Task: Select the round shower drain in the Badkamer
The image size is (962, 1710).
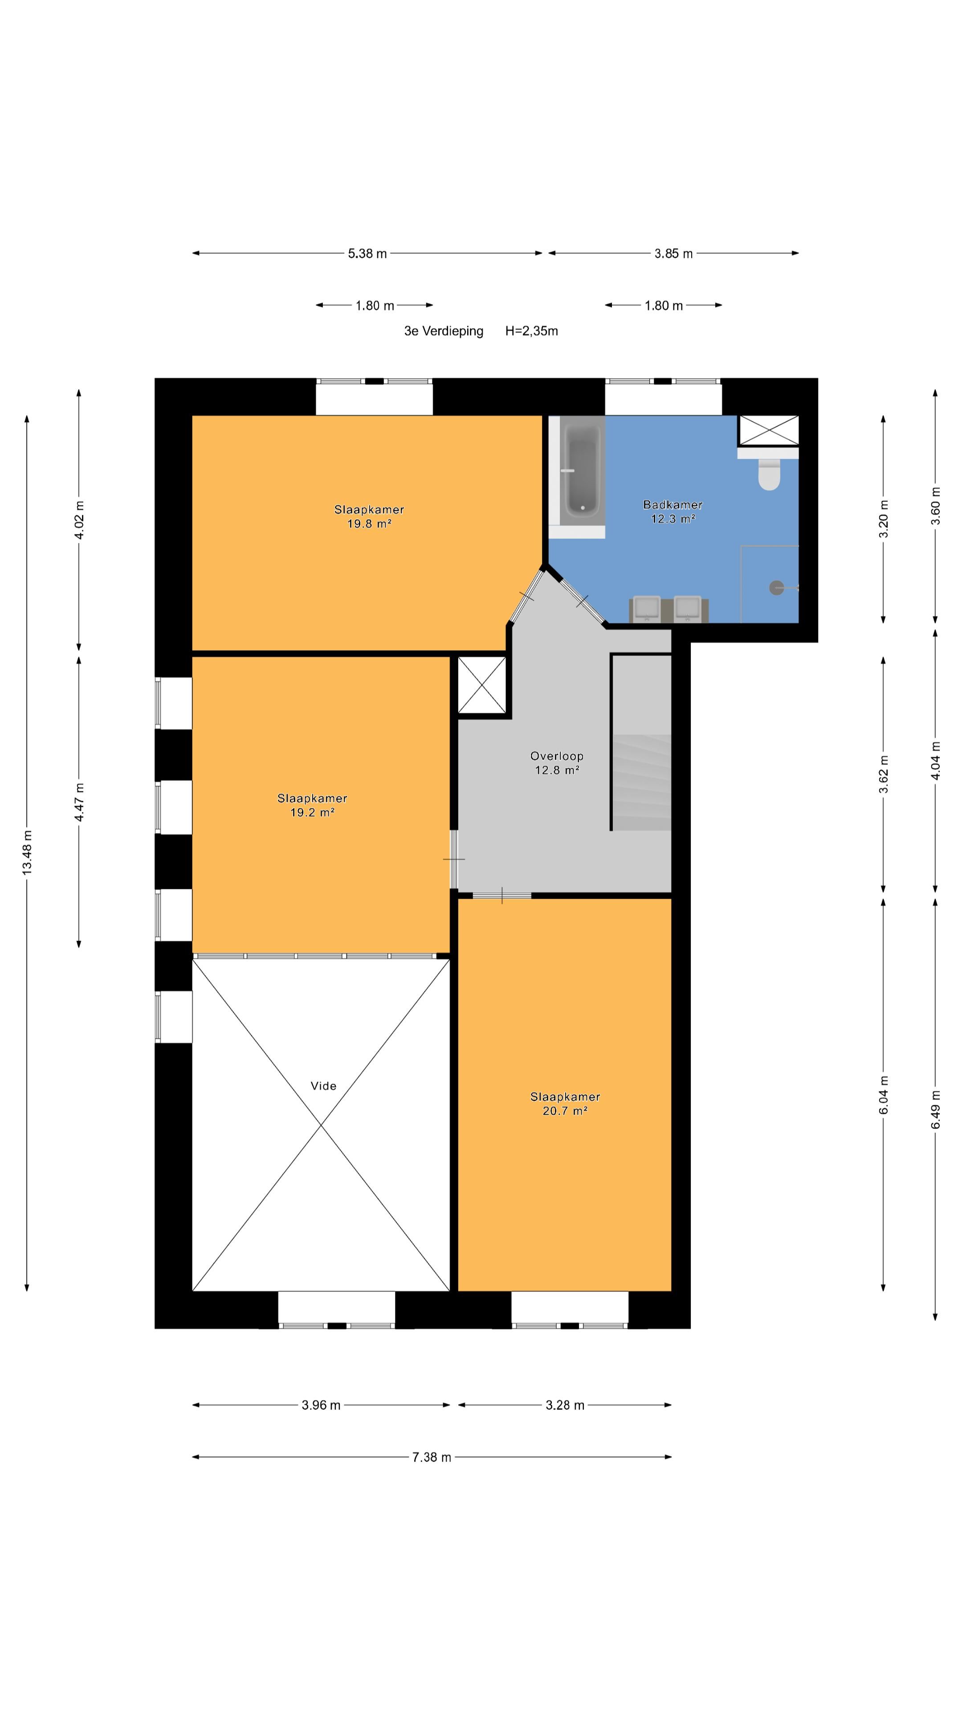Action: click(776, 587)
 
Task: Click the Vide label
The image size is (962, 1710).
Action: click(323, 1086)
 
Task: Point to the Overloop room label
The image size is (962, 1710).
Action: click(556, 756)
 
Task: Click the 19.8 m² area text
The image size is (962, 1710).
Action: click(369, 524)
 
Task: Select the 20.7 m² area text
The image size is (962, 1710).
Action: click(565, 1111)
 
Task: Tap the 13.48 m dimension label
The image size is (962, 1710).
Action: click(27, 852)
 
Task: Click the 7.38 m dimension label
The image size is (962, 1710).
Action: click(432, 1457)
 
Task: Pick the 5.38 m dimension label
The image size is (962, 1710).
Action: click(367, 253)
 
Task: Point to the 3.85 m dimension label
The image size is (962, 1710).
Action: click(673, 253)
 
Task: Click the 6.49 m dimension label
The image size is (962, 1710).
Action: click(935, 1109)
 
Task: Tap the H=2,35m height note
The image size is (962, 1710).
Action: click(531, 330)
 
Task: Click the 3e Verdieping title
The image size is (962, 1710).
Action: click(444, 330)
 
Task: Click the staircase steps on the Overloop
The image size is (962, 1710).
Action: click(641, 782)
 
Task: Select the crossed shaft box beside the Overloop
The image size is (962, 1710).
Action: click(482, 685)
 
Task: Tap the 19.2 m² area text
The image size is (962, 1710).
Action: click(312, 813)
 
